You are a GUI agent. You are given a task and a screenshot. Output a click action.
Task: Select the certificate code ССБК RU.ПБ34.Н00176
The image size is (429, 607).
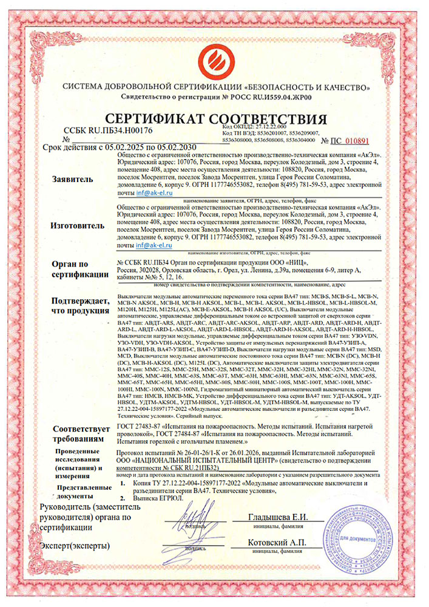(x=107, y=131)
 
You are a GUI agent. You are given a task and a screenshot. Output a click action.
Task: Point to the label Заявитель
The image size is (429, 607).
(x=73, y=180)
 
